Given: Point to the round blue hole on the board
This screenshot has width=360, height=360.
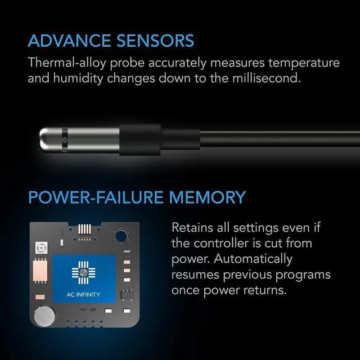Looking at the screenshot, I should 120,235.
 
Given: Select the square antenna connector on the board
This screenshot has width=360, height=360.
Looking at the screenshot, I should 41,247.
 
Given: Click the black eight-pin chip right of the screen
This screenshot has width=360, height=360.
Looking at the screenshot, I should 128,294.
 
